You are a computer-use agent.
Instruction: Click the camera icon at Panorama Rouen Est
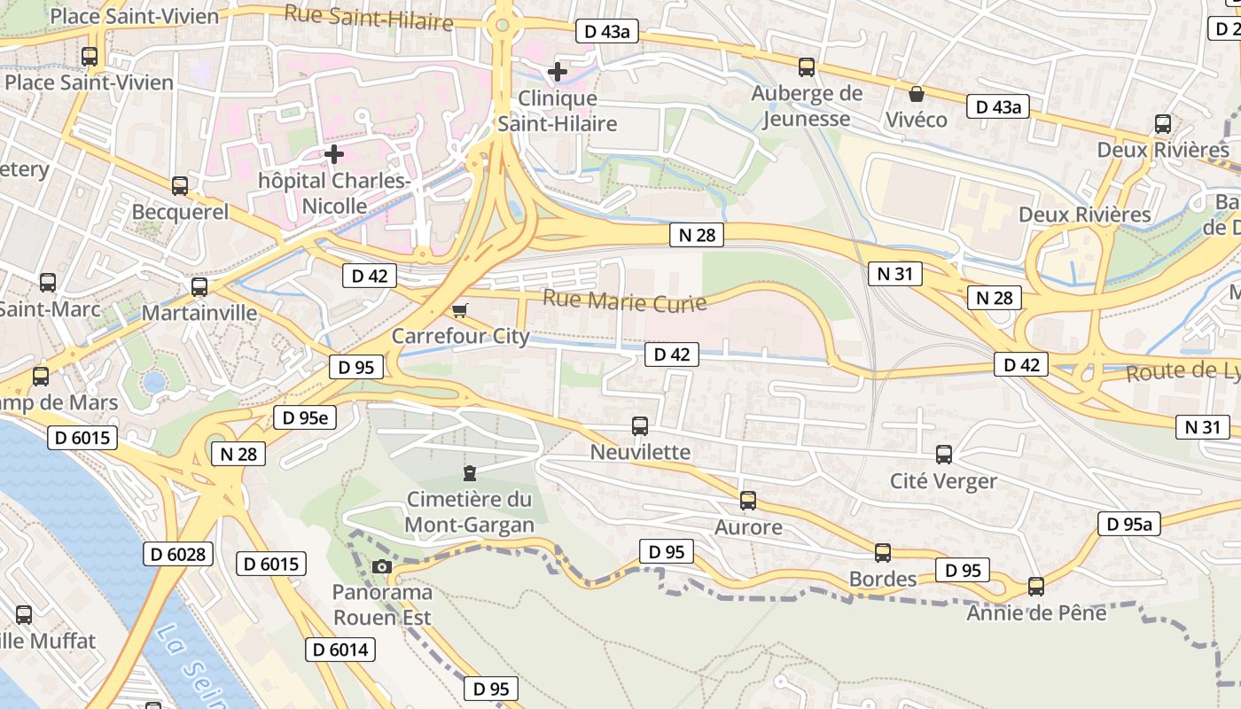[x=382, y=567]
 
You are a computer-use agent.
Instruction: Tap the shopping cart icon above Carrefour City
[x=459, y=310]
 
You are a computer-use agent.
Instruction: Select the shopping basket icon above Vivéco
[x=917, y=93]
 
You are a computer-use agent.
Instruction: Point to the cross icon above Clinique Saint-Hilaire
[x=558, y=71]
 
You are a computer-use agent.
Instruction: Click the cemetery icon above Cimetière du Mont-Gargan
[x=470, y=473]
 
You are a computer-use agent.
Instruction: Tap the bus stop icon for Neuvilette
[x=640, y=426]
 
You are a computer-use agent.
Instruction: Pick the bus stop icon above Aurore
[x=748, y=501]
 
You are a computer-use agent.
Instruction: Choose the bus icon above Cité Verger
[x=944, y=455]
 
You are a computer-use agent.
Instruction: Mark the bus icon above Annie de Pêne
[x=1036, y=587]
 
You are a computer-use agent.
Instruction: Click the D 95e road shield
[x=305, y=417]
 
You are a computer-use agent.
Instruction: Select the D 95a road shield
[x=1129, y=524]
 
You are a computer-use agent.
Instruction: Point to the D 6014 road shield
[x=341, y=650]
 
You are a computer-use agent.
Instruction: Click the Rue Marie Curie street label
[x=624, y=300]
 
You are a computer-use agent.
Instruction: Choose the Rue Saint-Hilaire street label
[x=369, y=16]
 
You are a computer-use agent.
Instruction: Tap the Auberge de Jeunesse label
[x=807, y=105]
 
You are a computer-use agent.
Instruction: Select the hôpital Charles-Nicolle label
[x=334, y=193]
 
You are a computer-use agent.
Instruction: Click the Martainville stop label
[x=199, y=313]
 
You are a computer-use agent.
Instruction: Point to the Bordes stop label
[x=883, y=579]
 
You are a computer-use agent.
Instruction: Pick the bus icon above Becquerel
[x=180, y=186]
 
